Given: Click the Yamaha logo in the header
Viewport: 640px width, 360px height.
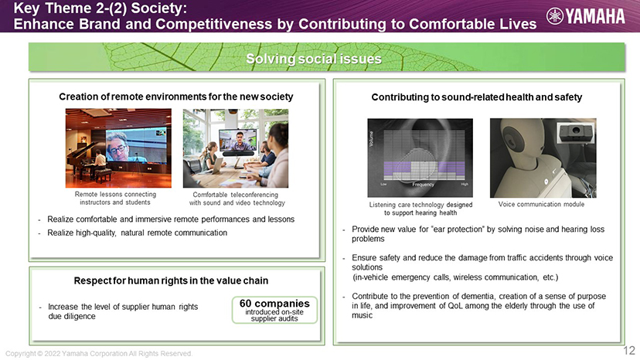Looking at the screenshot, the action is [585, 16].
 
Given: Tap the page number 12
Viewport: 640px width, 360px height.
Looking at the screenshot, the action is [629, 350].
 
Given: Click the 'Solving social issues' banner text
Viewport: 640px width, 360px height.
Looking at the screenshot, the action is [314, 59].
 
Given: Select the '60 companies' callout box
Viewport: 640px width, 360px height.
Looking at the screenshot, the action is [274, 311].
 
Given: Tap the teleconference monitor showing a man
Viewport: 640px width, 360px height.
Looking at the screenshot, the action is [238, 141].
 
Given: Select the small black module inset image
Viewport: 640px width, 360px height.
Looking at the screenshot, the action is [576, 131].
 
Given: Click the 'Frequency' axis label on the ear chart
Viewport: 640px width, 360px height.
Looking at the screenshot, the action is [423, 185].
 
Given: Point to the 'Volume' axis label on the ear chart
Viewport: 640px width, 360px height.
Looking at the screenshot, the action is [371, 139].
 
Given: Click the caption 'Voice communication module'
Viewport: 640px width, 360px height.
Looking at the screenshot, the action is [541, 204].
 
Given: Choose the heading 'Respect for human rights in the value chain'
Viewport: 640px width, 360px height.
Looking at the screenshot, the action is [171, 281].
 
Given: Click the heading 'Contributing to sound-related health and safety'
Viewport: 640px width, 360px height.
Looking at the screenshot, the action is [477, 97].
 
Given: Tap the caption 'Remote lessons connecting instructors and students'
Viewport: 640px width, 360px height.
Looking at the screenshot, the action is [115, 199].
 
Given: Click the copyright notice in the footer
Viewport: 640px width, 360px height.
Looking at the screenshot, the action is [99, 354].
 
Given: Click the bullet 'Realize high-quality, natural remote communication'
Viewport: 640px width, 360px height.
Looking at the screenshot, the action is [137, 233].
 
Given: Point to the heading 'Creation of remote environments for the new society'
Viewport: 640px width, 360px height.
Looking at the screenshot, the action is [176, 97].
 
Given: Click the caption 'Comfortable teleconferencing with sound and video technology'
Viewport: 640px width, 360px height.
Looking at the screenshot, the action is [237, 199].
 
